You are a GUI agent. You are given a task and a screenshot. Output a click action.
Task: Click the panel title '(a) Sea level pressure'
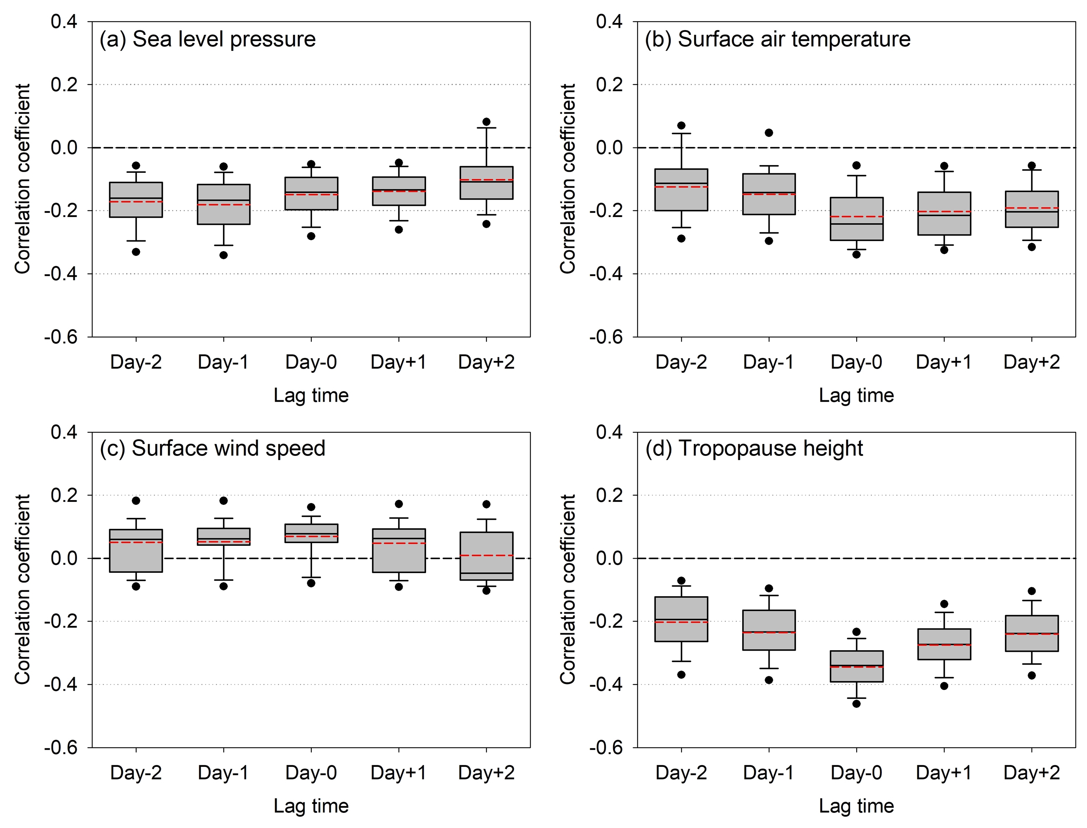pos(207,39)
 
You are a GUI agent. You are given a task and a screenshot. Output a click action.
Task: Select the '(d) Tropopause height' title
pos(754,448)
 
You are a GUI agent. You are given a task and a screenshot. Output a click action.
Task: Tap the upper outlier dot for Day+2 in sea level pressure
pos(486,122)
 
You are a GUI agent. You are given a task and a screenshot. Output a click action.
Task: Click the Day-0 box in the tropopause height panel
pos(856,666)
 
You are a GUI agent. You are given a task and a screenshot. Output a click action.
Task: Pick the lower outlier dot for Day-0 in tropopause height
pos(856,704)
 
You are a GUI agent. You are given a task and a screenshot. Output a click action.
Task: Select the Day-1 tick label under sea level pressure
pos(223,362)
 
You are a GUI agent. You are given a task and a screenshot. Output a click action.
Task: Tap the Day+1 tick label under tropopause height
pos(943,773)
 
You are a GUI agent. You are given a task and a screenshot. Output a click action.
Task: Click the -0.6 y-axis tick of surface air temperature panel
pos(606,337)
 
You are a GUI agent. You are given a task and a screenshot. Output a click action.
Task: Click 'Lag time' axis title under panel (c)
pos(311,806)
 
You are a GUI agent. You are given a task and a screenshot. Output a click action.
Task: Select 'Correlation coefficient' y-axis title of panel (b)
pos(567,178)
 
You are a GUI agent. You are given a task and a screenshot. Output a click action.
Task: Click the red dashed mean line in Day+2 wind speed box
pos(486,555)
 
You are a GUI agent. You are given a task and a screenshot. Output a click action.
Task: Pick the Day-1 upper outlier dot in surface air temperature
pos(769,132)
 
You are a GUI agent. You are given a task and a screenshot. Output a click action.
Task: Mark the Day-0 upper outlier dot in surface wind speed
pos(311,507)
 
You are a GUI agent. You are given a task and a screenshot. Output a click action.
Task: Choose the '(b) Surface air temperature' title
pos(777,39)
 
